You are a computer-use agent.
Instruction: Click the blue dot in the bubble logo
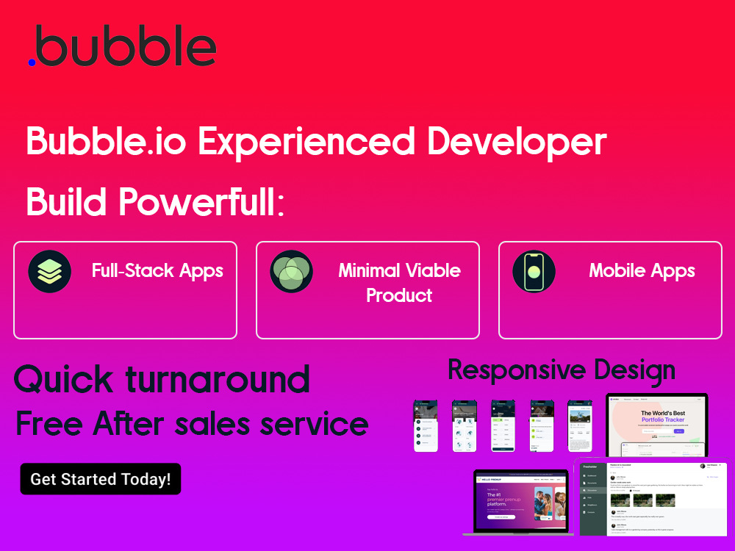[32, 62]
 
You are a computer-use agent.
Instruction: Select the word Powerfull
[198, 201]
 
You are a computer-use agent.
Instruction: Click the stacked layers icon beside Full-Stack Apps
[50, 272]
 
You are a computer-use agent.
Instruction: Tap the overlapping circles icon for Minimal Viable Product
[291, 272]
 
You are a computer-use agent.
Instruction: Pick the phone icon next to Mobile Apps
[534, 272]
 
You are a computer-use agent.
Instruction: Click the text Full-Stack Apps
[157, 270]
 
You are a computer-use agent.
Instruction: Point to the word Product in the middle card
[399, 295]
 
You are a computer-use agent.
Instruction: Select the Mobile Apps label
[642, 270]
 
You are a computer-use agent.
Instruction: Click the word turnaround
[218, 380]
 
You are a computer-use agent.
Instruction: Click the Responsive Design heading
[562, 370]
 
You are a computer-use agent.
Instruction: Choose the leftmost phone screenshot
[426, 425]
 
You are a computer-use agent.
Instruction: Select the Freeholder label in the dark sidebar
[590, 467]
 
